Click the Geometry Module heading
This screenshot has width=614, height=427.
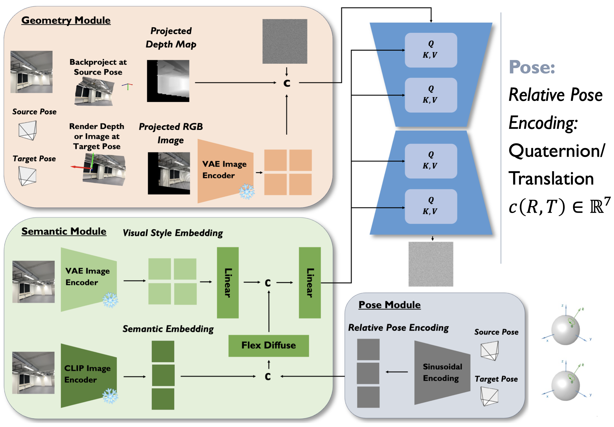(x=66, y=20)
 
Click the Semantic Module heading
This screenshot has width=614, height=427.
(x=64, y=231)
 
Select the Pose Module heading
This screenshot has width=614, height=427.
(x=389, y=305)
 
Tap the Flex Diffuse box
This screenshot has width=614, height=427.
(x=268, y=345)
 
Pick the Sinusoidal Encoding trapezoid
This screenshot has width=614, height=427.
(x=442, y=373)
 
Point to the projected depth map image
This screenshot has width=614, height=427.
(x=168, y=81)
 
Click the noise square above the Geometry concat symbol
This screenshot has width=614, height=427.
(x=285, y=41)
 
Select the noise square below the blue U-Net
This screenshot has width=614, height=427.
(x=431, y=264)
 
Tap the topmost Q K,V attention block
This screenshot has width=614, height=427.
(x=431, y=50)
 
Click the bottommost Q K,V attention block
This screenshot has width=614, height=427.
(x=431, y=206)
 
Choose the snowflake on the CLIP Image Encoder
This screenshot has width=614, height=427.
(x=110, y=396)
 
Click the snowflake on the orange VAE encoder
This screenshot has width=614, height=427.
(x=247, y=192)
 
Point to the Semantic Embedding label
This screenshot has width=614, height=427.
(x=168, y=329)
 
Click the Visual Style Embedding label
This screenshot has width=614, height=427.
(x=173, y=233)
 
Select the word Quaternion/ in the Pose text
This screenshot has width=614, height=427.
(x=557, y=151)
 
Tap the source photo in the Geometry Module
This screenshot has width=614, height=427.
(x=32, y=72)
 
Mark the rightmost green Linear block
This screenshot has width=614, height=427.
(x=310, y=283)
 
